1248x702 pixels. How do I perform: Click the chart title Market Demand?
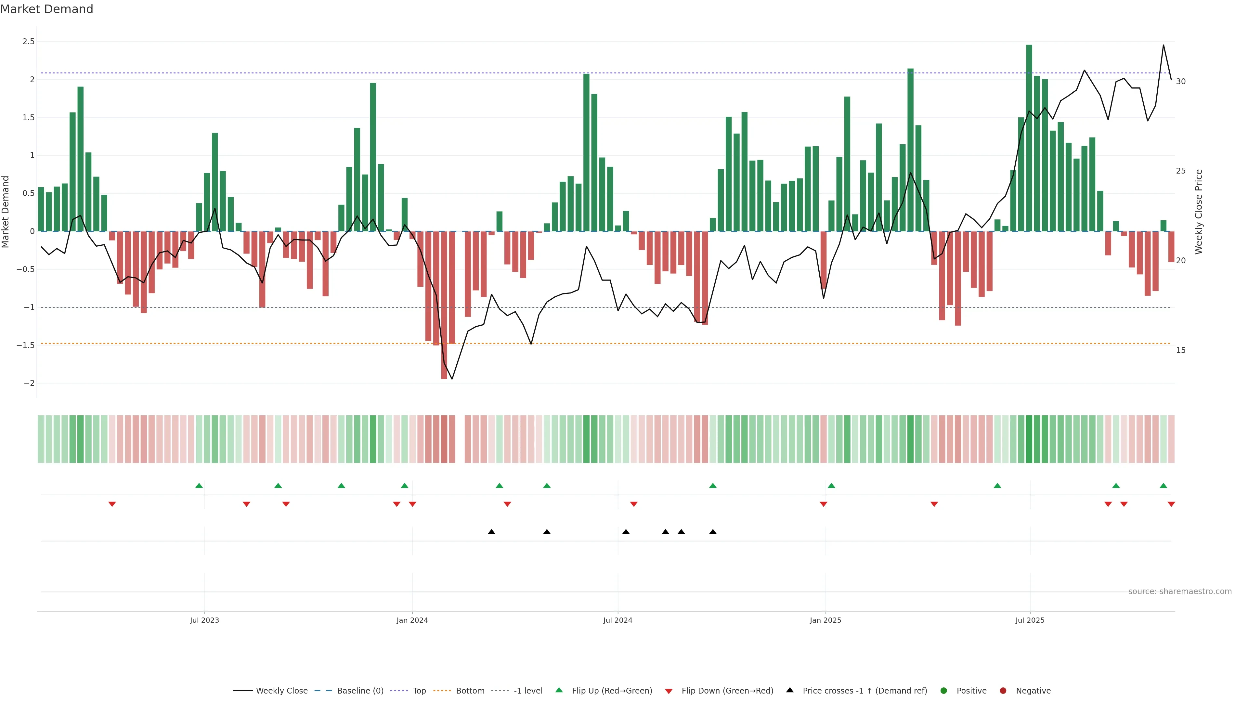[x=46, y=9]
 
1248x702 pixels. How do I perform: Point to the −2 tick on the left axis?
[x=29, y=383]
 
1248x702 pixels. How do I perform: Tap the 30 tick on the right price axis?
[x=1181, y=81]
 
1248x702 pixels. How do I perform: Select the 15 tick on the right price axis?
[x=1181, y=350]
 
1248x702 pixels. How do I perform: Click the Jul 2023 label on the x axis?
[x=204, y=620]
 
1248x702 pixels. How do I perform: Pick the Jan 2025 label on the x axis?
[x=825, y=620]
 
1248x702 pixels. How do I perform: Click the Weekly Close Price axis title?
[x=1199, y=212]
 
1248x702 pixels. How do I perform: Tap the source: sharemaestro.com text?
[x=1180, y=591]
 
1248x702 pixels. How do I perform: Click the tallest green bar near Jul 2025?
[x=1029, y=138]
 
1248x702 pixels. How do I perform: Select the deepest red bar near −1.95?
[x=444, y=305]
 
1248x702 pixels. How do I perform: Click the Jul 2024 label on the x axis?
[x=618, y=620]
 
